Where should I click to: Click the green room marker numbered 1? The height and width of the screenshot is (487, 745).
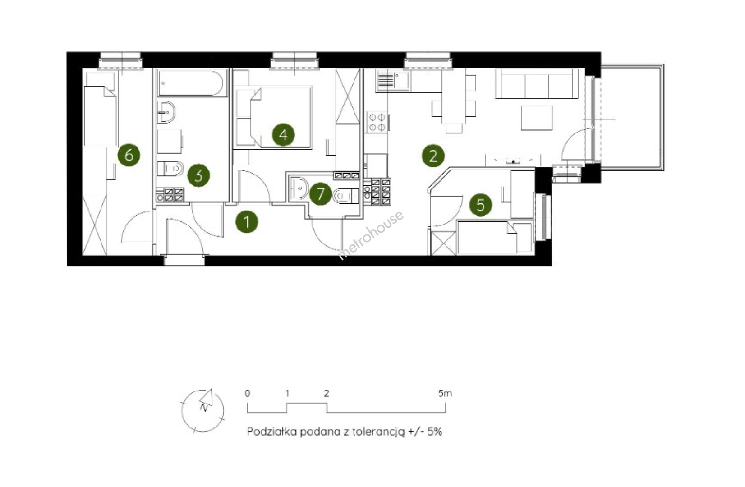point(247,221)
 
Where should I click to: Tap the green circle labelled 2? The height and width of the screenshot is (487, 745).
point(433,156)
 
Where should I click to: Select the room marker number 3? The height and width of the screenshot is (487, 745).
point(198,175)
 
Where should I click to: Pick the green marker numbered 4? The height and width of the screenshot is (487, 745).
point(283,135)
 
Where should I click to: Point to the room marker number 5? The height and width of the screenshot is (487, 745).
point(481,205)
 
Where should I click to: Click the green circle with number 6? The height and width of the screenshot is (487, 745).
point(129,155)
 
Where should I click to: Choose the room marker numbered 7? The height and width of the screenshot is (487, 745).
point(321,193)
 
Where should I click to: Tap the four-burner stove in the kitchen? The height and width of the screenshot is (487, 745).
point(377,122)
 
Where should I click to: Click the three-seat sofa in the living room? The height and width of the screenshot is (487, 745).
point(536,84)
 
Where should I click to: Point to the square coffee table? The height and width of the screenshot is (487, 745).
point(537,118)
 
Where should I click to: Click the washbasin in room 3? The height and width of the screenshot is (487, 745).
point(166,112)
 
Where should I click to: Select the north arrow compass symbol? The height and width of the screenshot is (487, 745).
point(202,411)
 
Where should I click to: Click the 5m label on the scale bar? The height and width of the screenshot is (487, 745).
point(445,394)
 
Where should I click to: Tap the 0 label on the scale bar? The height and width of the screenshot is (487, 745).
point(248,394)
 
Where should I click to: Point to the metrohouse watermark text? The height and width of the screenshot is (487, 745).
point(371,234)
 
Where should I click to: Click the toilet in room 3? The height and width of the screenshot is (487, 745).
point(170,169)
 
